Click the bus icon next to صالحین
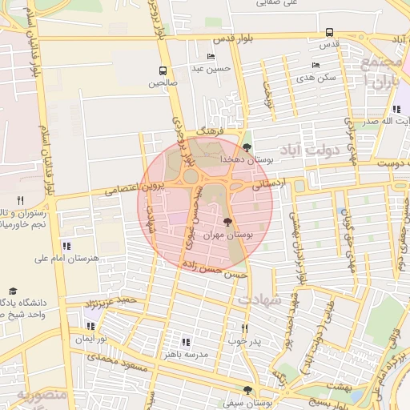pyautogui.click(x=163, y=70)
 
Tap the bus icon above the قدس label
pyautogui.click(x=330, y=33)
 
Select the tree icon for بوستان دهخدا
pyautogui.click(x=247, y=147)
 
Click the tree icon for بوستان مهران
pyautogui.click(x=229, y=222)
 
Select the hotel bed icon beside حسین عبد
pyautogui.click(x=211, y=56)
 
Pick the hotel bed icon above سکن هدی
pyautogui.click(x=315, y=66)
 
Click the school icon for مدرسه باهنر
pyautogui.click(x=186, y=342)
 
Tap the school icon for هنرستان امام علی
pyautogui.click(x=66, y=246)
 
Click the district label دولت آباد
pyautogui.click(x=310, y=150)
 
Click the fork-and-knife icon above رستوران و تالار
pyautogui.click(x=21, y=200)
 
